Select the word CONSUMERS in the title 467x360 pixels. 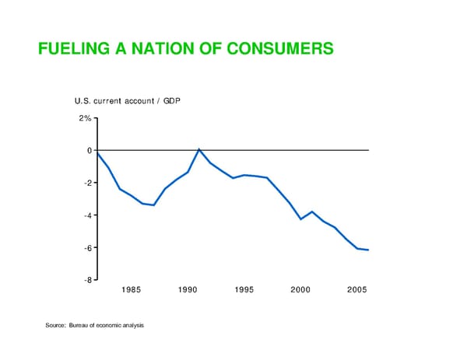[283, 50]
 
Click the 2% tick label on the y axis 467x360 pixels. [84, 118]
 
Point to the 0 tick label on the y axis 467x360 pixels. [89, 150]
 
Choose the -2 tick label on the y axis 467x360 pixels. [86, 183]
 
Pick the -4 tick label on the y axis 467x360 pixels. [86, 215]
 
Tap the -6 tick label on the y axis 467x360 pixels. [86, 248]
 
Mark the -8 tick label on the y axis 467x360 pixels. [86, 280]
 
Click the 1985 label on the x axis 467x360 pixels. [131, 291]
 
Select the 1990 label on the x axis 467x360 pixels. [188, 291]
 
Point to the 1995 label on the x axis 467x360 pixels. [244, 291]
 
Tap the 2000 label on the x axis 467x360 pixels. [301, 291]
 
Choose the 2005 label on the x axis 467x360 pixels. [357, 291]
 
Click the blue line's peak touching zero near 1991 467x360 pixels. [199, 149]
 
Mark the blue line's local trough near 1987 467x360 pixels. [153, 205]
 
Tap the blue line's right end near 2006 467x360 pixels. [368, 250]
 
